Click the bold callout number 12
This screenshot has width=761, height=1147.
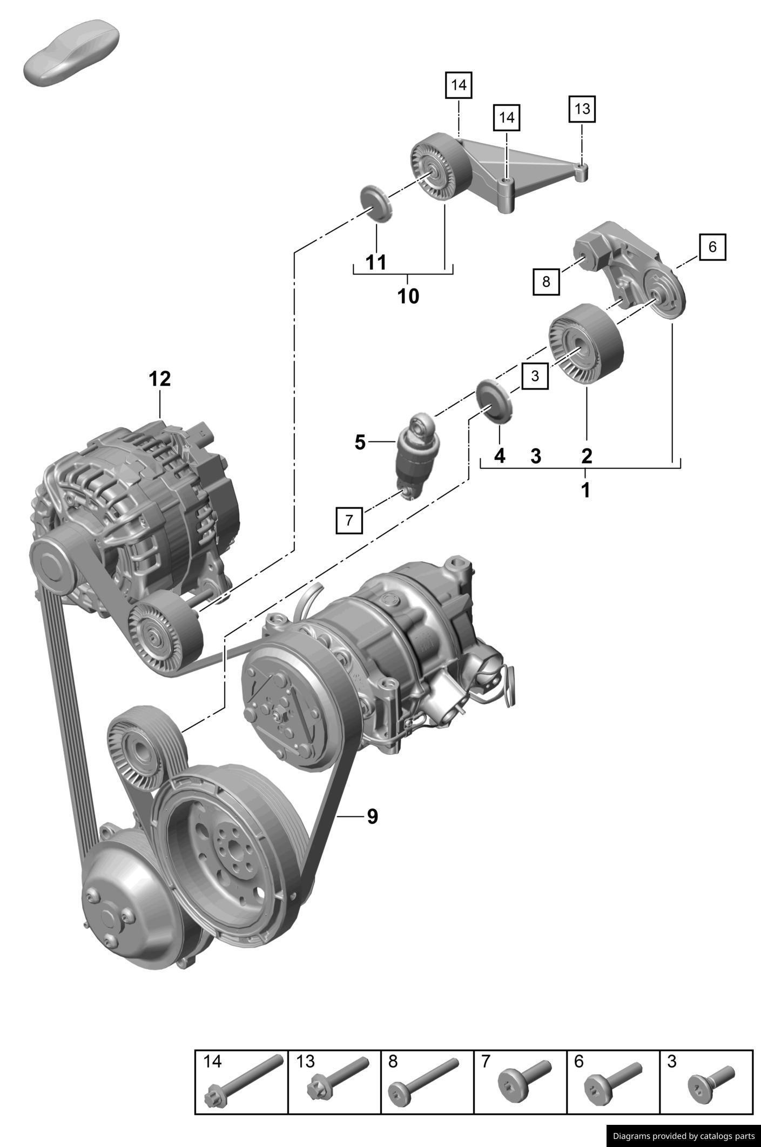point(160,379)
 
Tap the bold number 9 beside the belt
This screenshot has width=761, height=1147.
point(372,816)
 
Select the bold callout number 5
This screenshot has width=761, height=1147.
point(360,442)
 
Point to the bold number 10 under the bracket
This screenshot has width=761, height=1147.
point(408,296)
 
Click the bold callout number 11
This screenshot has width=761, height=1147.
point(376,263)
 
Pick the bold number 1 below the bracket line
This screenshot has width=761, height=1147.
point(585,491)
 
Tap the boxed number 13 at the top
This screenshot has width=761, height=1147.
point(582,109)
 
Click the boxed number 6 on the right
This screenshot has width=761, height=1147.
point(712,247)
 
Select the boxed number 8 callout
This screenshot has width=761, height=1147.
point(546,281)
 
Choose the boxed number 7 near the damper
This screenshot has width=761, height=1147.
point(349,520)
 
